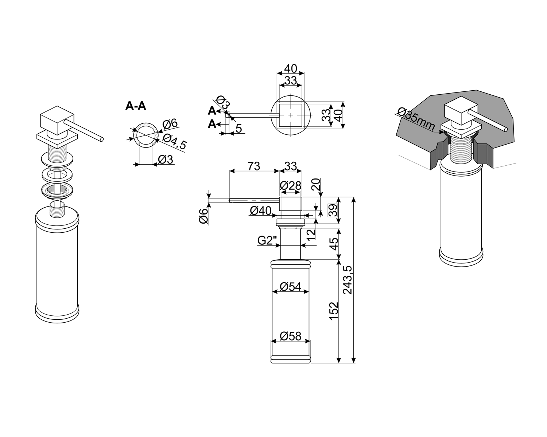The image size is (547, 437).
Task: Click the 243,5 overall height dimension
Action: click(348, 280)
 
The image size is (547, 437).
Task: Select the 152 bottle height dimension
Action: click(334, 311)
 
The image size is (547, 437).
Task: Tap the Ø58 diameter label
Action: click(291, 335)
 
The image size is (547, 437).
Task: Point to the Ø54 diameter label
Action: click(291, 287)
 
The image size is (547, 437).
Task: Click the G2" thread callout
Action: click(267, 240)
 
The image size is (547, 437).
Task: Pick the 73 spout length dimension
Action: click(254, 166)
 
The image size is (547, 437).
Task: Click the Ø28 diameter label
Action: click(291, 186)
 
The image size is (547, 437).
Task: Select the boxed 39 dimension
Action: click(333, 210)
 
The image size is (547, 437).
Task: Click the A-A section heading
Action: click(136, 106)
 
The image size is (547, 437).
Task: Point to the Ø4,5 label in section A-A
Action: click(174, 142)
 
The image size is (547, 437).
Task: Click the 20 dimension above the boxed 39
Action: click(315, 186)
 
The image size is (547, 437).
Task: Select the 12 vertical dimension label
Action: click(311, 235)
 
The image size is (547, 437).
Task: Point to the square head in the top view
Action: click(290, 115)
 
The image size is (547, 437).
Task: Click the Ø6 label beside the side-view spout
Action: click(204, 217)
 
